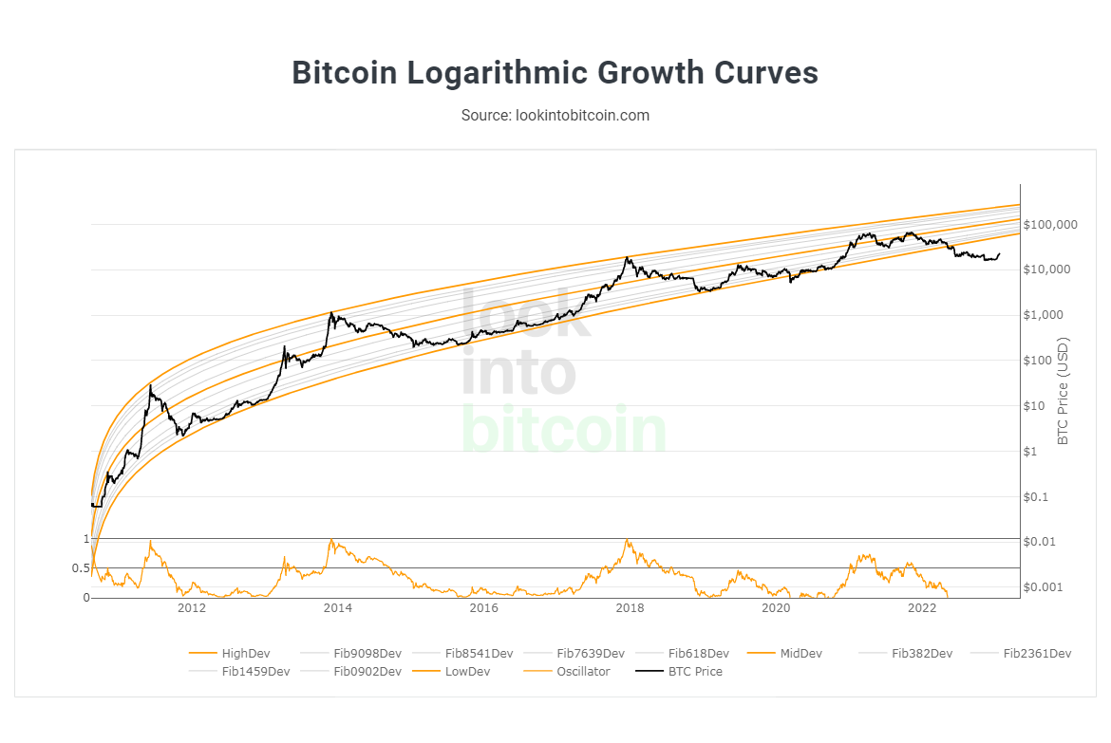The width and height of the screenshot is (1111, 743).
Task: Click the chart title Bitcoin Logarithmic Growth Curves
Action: [555, 73]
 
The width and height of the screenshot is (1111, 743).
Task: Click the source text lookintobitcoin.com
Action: [555, 115]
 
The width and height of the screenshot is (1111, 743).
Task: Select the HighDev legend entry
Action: [245, 653]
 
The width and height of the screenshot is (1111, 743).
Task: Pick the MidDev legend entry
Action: [800, 653]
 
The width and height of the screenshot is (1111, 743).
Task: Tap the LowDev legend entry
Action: [468, 672]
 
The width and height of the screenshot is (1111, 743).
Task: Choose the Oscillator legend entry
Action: [583, 672]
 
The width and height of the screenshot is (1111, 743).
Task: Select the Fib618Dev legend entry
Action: [698, 653]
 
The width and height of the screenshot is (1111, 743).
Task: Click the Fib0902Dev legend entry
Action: [367, 672]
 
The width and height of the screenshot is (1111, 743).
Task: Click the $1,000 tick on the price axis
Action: [1046, 315]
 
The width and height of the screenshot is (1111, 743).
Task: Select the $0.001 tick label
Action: [1045, 587]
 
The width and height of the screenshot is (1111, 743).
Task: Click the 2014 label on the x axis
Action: [337, 608]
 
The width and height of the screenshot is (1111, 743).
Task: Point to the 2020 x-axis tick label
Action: [777, 608]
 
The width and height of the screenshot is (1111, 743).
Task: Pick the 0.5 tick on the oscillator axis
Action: [80, 568]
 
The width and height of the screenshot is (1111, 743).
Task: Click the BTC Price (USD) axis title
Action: [1064, 390]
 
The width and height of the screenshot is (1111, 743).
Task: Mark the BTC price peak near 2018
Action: [628, 257]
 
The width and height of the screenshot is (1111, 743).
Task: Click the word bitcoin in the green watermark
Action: [564, 430]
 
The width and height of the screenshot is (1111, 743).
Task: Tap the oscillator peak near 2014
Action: [330, 540]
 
